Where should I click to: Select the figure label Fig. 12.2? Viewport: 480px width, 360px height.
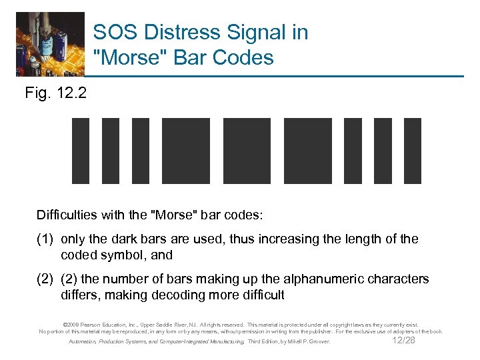coord(55,93)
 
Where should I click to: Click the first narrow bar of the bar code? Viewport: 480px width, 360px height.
coord(80,150)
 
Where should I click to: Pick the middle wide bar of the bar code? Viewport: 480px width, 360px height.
coord(247,150)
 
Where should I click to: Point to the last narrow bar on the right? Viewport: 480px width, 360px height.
coord(413,150)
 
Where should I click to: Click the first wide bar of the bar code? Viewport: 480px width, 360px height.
coord(186,150)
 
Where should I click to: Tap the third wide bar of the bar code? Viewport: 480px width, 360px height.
coord(308,150)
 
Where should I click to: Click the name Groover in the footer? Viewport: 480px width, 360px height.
coord(317,341)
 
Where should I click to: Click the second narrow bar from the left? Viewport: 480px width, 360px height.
coord(110,150)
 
